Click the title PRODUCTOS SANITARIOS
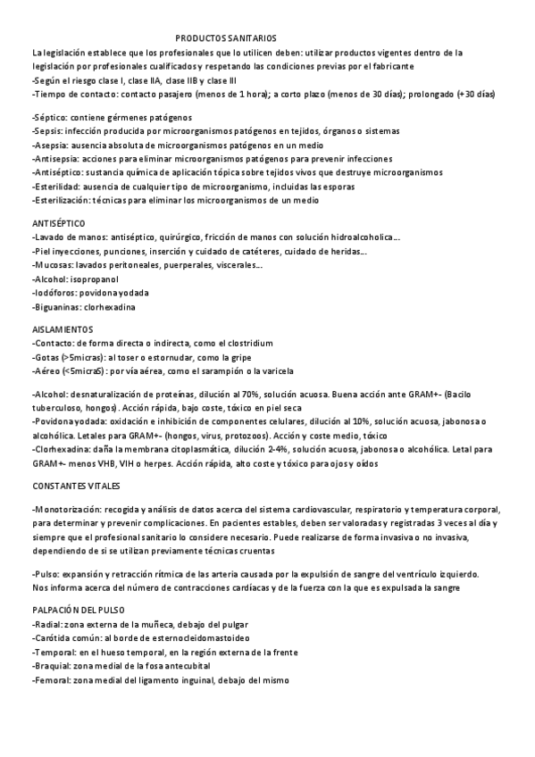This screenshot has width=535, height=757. coord(226,40)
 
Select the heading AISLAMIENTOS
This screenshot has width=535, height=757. coord(62,329)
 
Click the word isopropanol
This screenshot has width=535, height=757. coord(92,279)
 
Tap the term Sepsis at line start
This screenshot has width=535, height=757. coord(47,131)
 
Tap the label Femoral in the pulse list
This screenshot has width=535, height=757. coord(51,680)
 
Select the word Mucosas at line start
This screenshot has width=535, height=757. coord(53,266)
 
